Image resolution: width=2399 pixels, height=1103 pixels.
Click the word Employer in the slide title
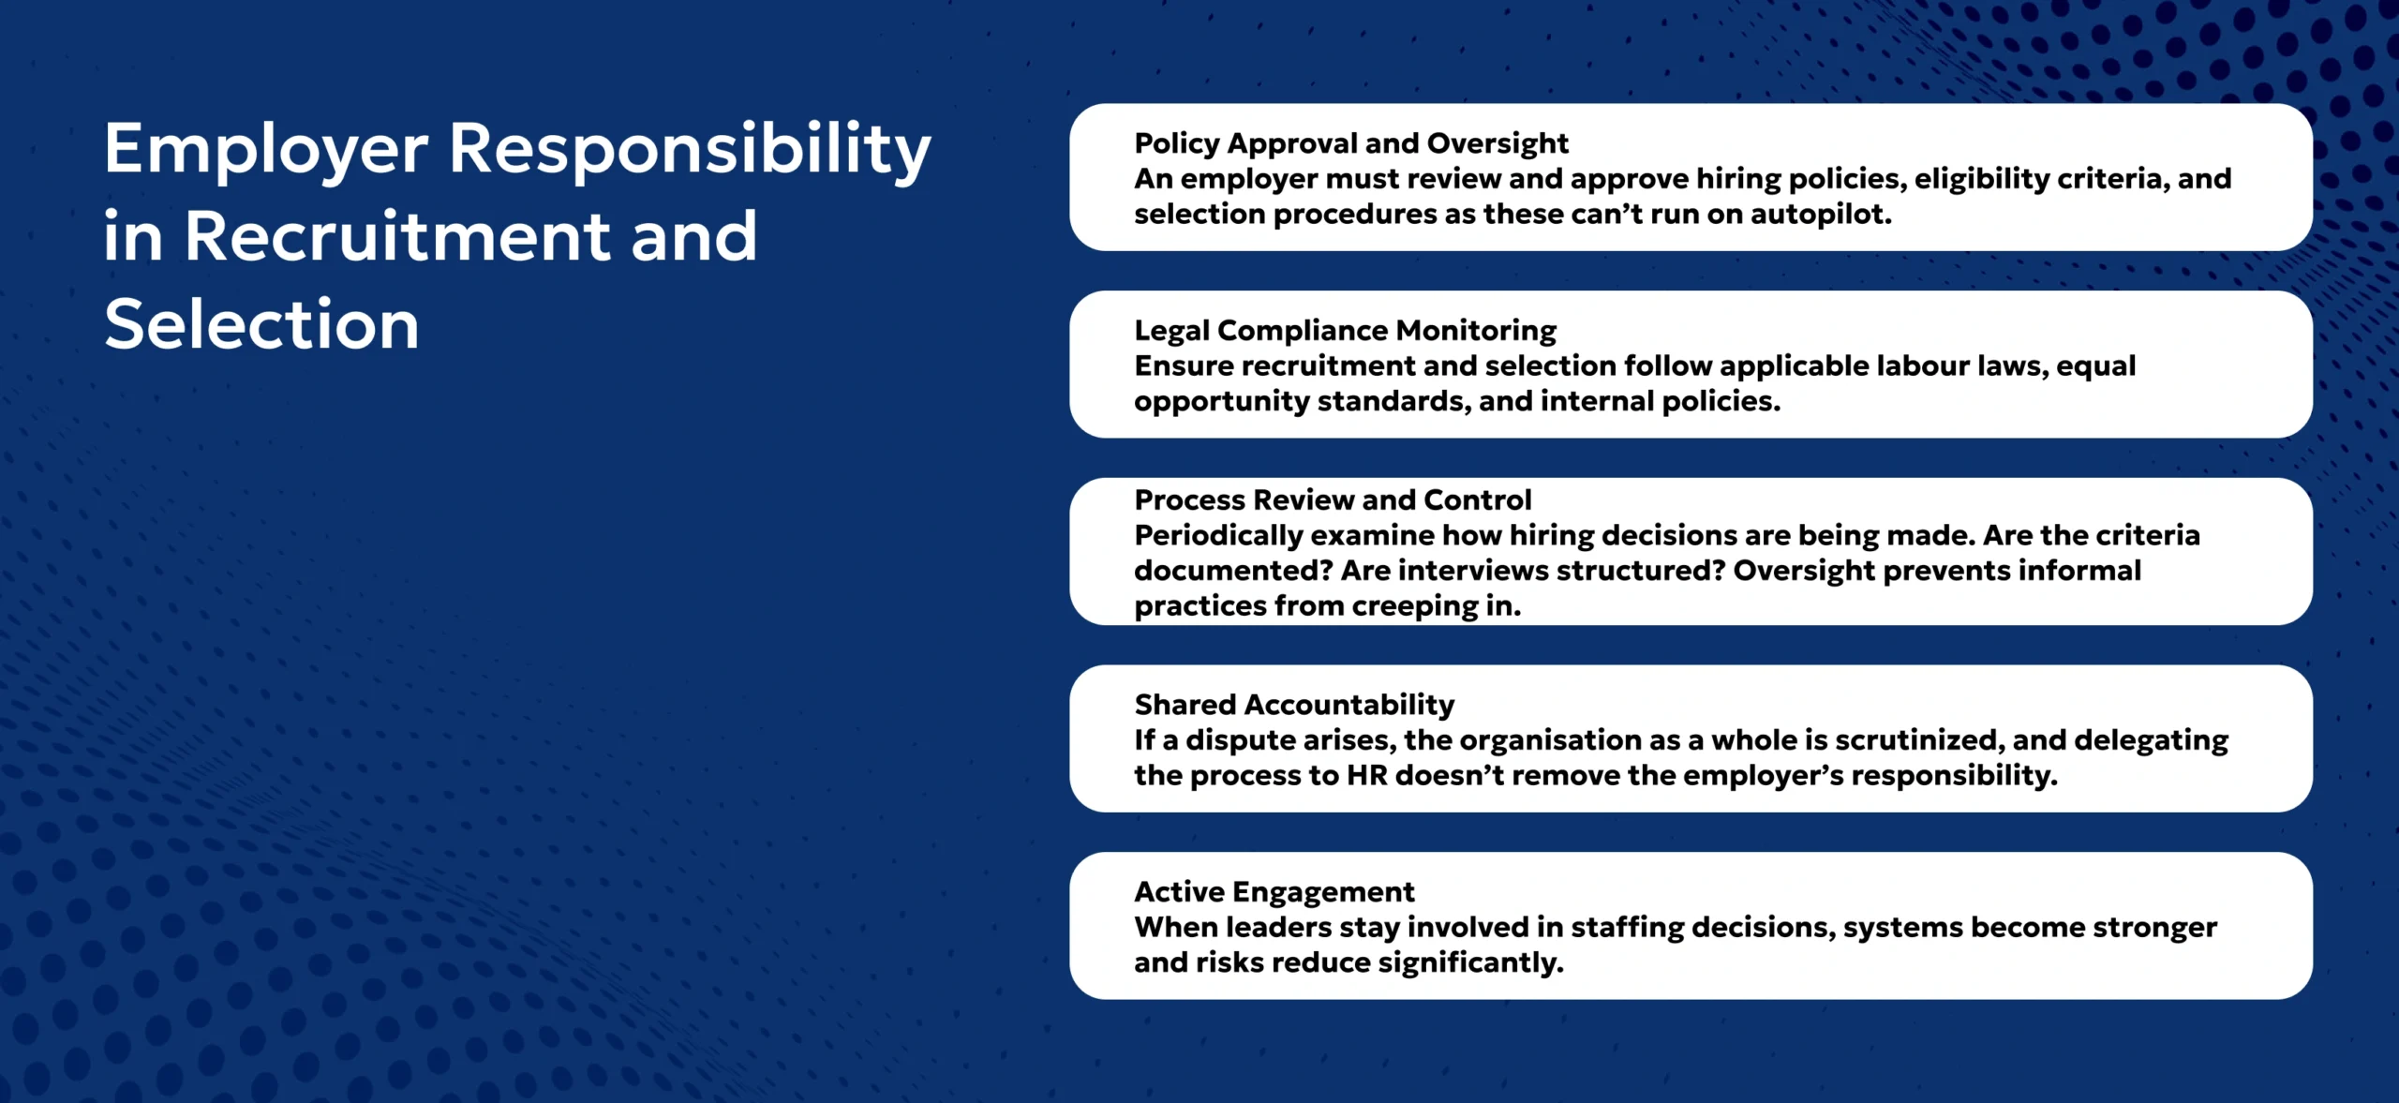[x=266, y=150]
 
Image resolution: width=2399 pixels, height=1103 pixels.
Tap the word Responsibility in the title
[x=690, y=150]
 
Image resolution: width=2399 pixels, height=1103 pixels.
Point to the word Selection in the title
[x=261, y=324]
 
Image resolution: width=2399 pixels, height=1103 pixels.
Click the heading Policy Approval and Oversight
[x=1350, y=143]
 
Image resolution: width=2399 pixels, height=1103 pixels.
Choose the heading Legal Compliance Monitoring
[x=1345, y=331]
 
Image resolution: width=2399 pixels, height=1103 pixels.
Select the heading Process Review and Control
[x=1333, y=499]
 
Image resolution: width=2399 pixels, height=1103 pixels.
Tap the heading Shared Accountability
[x=1294, y=705]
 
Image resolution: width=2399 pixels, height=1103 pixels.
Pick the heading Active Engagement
[x=1274, y=892]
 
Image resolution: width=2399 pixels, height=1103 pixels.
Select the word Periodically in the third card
[x=1218, y=536]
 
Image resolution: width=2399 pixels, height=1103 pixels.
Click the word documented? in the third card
[x=1233, y=571]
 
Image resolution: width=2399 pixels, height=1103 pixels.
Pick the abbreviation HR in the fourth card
[x=1366, y=776]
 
